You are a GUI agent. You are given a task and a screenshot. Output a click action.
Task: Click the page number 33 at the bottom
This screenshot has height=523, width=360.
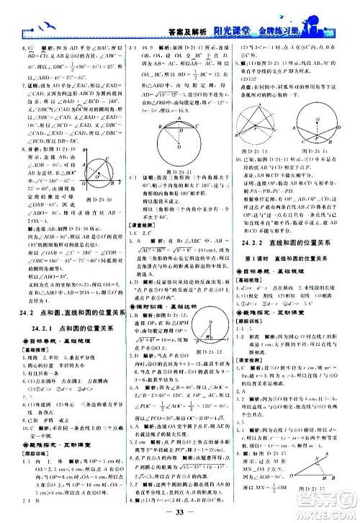pyautogui.click(x=179, y=512)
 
